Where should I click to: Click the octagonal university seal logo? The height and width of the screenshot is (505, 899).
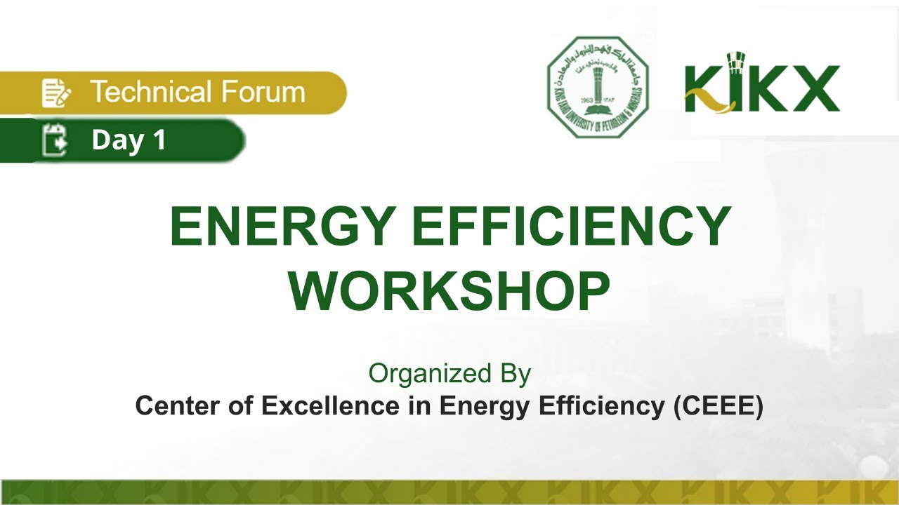598,87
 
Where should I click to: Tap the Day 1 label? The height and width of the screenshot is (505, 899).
129,140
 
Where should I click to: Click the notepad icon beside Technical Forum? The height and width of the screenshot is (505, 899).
56,93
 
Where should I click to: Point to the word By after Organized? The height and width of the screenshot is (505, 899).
515,374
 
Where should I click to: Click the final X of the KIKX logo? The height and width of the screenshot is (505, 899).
815,88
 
